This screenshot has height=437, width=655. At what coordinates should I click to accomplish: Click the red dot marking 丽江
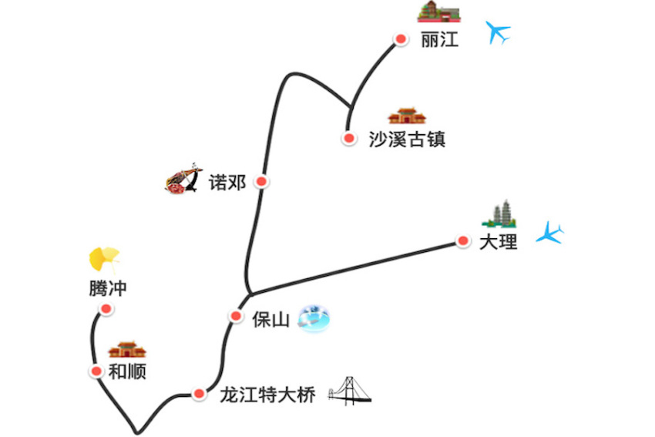coord(401,39)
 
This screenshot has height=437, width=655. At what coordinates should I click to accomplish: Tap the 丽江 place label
coord(440,40)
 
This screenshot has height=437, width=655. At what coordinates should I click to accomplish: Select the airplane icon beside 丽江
coord(499,32)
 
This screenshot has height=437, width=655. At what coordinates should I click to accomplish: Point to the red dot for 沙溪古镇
coord(349,139)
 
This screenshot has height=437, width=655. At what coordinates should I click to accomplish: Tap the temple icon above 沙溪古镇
coord(406,116)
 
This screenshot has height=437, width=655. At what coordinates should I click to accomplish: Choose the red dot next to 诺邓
coord(262,181)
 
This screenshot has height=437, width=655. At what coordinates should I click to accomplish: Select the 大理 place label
coord(498,241)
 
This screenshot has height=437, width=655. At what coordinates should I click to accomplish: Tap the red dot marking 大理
coord(463,241)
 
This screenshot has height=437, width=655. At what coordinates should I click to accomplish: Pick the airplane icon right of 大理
coord(550,234)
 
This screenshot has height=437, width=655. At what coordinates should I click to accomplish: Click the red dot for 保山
coord(237,315)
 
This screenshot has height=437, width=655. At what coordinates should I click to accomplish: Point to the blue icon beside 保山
coord(315,317)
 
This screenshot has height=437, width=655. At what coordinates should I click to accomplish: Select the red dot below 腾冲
coord(106,309)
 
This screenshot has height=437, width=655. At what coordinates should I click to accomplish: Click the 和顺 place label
coord(127,371)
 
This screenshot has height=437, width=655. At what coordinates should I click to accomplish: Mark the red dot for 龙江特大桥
coord(200,394)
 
